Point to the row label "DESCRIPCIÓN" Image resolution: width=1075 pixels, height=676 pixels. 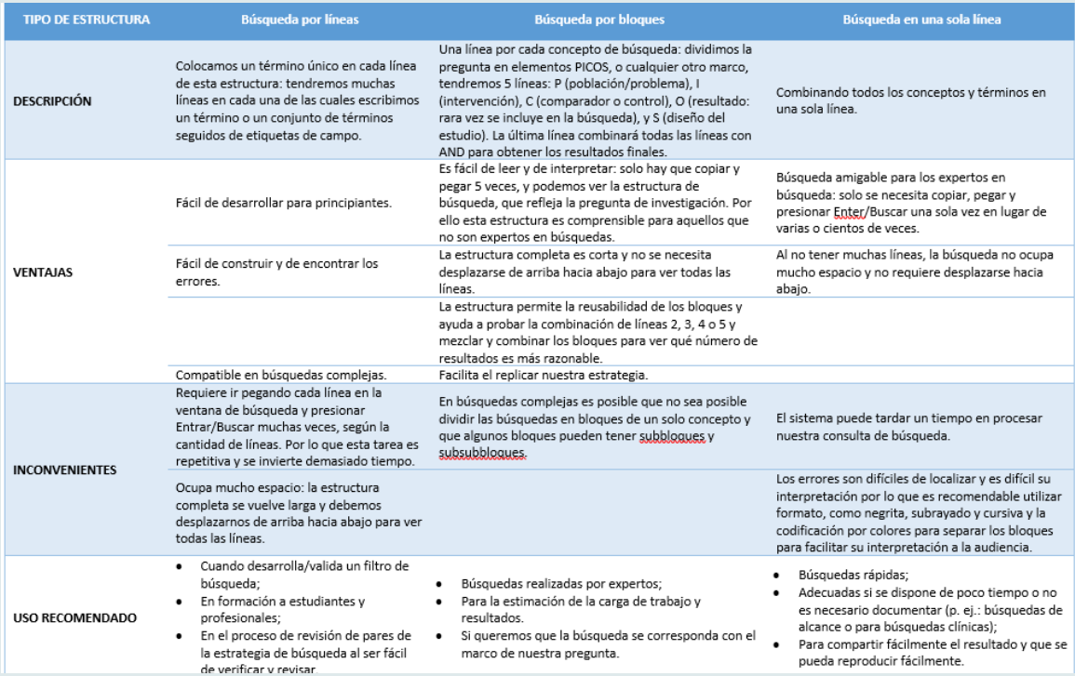coord(52,101)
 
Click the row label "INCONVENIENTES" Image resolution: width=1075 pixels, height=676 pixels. coord(64,470)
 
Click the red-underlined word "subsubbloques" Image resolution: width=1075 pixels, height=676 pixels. coord(482,453)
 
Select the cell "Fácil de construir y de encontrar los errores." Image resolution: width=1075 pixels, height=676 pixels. coord(276,271)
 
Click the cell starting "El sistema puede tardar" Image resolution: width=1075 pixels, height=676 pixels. coord(909,426)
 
